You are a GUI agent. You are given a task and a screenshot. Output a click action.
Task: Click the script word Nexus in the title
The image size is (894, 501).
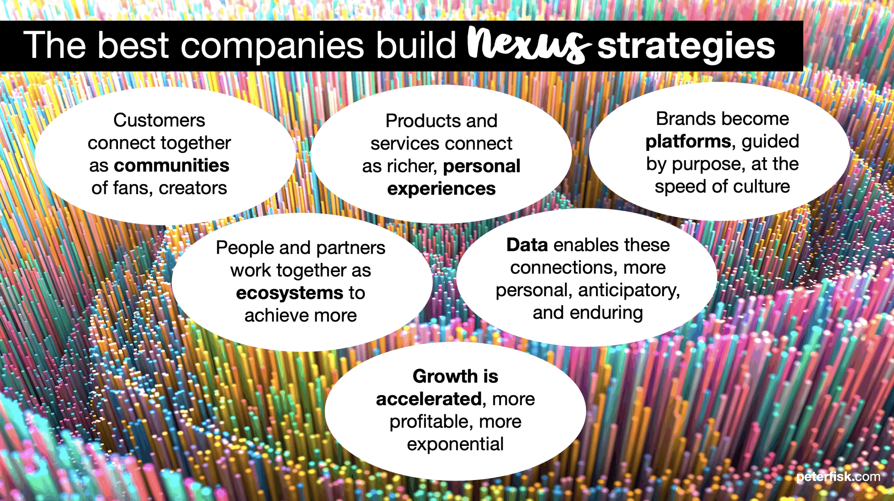coord(529,44)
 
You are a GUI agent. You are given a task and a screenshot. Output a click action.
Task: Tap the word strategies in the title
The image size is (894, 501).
coord(686,47)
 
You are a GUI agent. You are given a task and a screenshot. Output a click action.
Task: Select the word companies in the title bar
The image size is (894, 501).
coord(272,47)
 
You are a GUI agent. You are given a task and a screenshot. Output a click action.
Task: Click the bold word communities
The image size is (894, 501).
coord(171,165)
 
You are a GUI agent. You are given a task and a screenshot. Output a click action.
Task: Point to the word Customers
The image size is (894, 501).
coord(159,120)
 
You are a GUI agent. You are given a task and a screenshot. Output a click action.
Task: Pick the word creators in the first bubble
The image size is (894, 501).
coord(193,188)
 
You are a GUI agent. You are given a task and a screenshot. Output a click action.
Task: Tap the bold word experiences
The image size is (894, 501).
coord(441,189)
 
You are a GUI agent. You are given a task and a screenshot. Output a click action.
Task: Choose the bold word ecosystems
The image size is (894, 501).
coord(290,293)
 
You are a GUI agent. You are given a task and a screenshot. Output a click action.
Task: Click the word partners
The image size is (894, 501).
coord(351,248)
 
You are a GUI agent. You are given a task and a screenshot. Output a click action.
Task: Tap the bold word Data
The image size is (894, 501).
coord(527,245)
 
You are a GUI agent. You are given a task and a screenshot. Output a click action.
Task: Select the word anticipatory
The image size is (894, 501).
coord(629,291)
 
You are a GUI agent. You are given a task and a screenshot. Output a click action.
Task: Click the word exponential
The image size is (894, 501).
coord(455,445)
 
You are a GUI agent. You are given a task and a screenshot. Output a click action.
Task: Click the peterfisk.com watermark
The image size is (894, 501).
coord(838,477)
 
